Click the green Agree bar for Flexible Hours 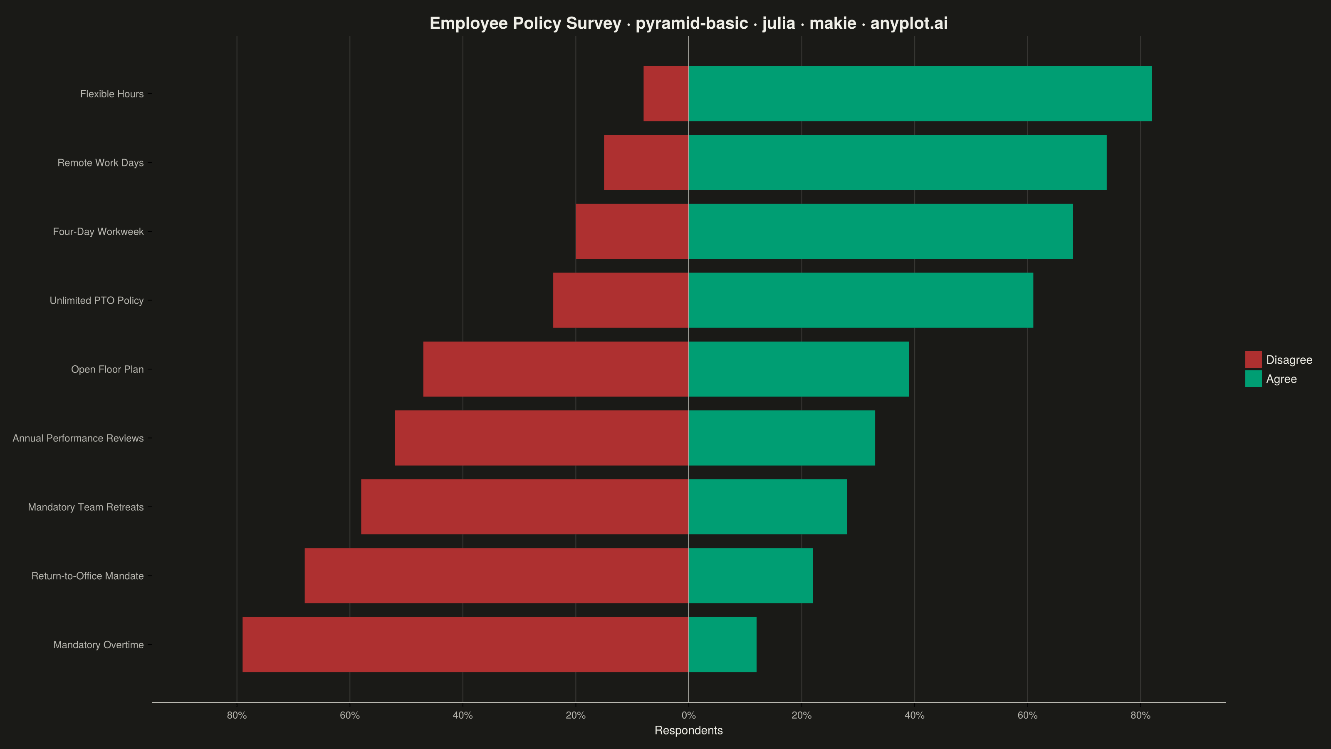tap(920, 94)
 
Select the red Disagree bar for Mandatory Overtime tap(465, 645)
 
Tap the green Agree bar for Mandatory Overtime tap(722, 645)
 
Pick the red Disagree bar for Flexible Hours tap(666, 94)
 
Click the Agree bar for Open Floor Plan tap(799, 369)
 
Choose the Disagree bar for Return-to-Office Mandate tap(497, 576)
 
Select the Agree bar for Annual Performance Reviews tap(782, 438)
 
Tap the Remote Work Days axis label tap(100, 163)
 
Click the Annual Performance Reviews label tap(78, 438)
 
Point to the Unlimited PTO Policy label tap(96, 300)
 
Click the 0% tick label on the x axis tap(689, 715)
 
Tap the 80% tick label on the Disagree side tap(237, 715)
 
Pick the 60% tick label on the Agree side tap(1028, 715)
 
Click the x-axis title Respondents tap(689, 730)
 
